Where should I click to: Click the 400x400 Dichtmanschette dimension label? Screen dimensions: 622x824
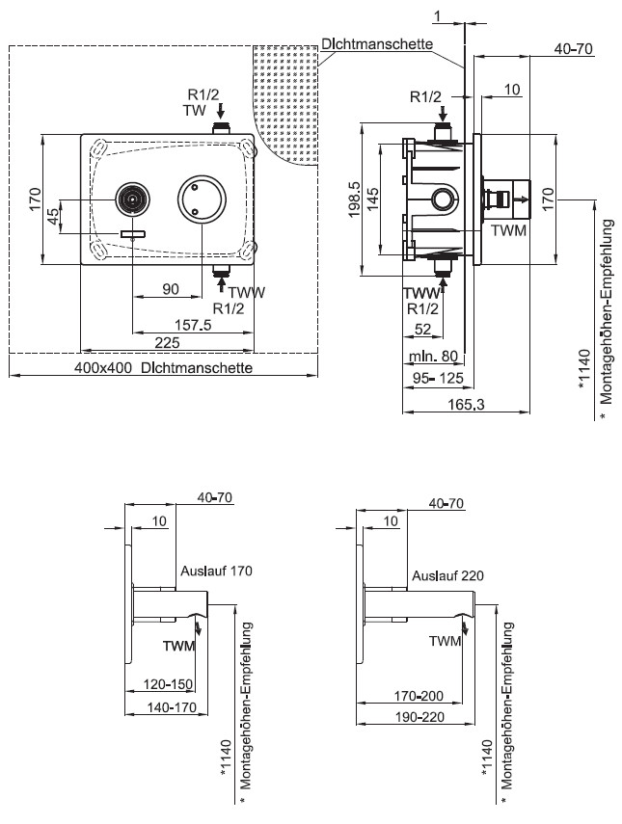[163, 367]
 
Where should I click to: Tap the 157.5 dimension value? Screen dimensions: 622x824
[193, 325]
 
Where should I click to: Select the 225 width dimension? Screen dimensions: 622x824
[167, 343]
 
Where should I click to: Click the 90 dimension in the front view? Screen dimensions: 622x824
[171, 289]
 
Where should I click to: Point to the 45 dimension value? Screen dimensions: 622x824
[54, 216]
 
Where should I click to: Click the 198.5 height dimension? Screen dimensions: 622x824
[354, 199]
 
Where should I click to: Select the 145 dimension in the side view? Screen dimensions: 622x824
[373, 199]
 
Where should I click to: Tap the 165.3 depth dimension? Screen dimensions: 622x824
[466, 404]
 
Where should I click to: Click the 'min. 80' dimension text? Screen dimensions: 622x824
[433, 357]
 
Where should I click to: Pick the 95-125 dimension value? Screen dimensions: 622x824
[438, 378]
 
